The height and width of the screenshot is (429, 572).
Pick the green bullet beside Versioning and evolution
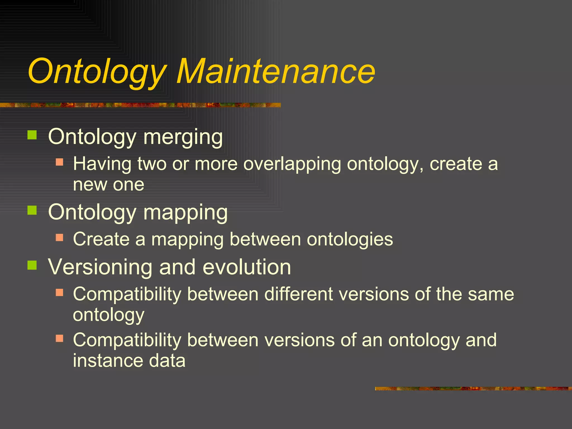click(x=32, y=265)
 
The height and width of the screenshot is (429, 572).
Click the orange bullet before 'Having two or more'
click(x=59, y=162)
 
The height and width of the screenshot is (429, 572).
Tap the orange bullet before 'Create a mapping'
click(x=59, y=237)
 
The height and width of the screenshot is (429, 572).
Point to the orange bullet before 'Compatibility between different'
click(x=59, y=292)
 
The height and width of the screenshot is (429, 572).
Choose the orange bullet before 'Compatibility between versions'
click(x=59, y=338)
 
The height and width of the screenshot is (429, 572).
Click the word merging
click(x=183, y=138)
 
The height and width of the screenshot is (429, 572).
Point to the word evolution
click(x=247, y=267)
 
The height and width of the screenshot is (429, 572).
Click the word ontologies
click(x=350, y=240)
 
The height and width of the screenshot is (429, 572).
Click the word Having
click(x=102, y=164)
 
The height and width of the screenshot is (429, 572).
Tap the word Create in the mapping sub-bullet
click(x=101, y=239)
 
